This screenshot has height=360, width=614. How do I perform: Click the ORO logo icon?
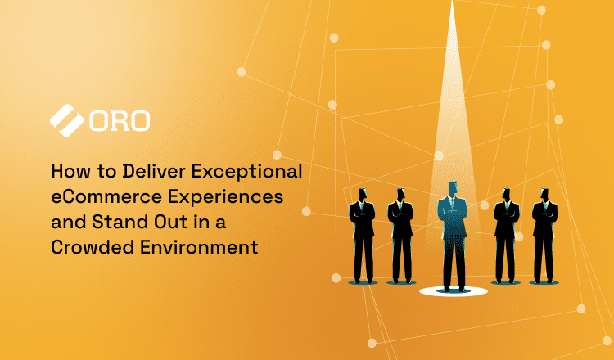(x=67, y=119)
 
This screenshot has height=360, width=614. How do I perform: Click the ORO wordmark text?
(x=120, y=120)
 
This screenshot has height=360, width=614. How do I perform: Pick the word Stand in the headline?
(x=116, y=222)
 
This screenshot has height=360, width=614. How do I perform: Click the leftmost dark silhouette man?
(x=362, y=237)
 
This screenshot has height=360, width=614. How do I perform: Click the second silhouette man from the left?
(x=400, y=237)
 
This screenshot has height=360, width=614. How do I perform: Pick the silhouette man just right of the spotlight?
(x=506, y=237)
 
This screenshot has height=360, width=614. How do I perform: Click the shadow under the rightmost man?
(x=544, y=283)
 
